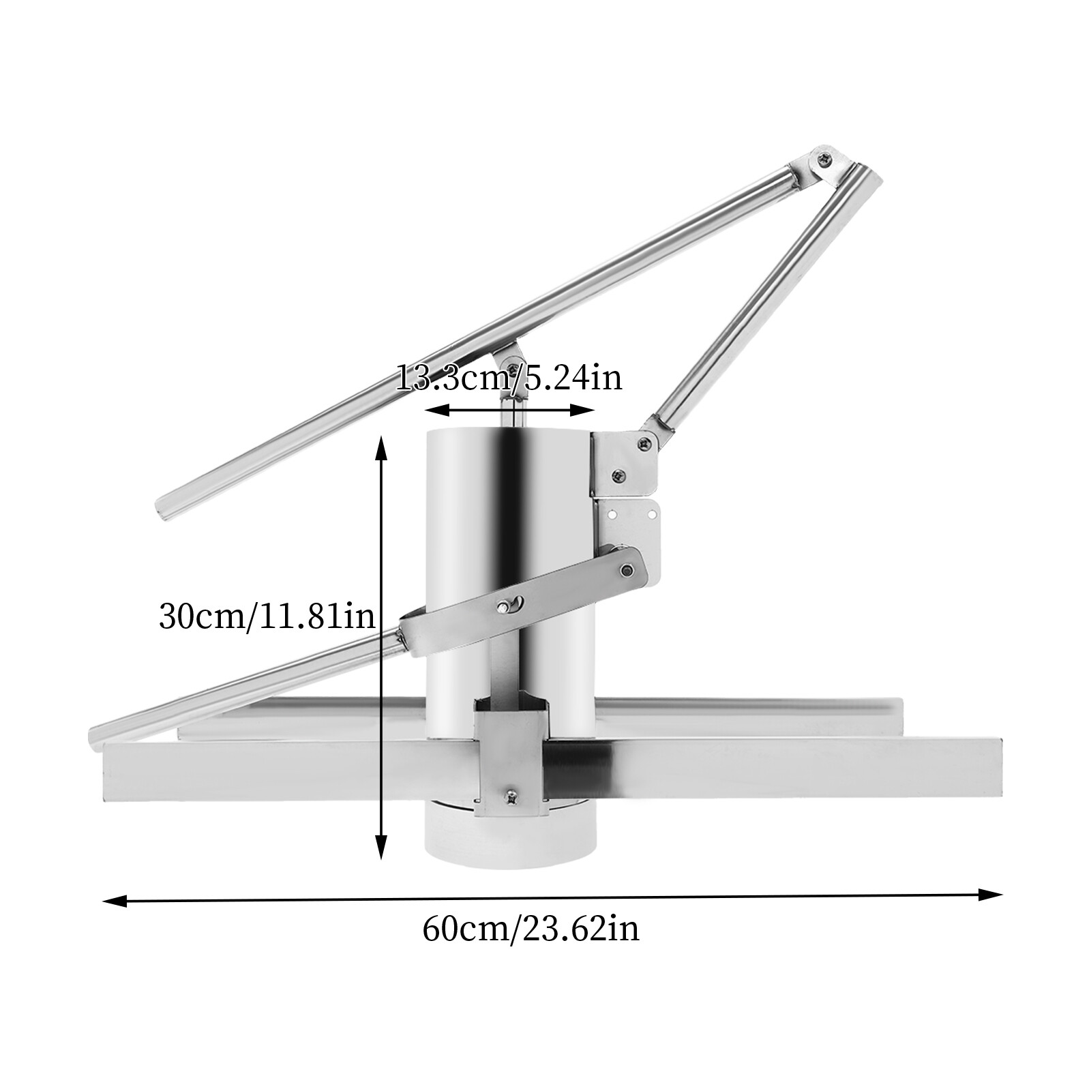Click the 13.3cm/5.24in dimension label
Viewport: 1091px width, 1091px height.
(509, 377)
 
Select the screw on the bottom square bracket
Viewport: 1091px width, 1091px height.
(511, 794)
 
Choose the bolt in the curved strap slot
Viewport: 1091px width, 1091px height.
(504, 605)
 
